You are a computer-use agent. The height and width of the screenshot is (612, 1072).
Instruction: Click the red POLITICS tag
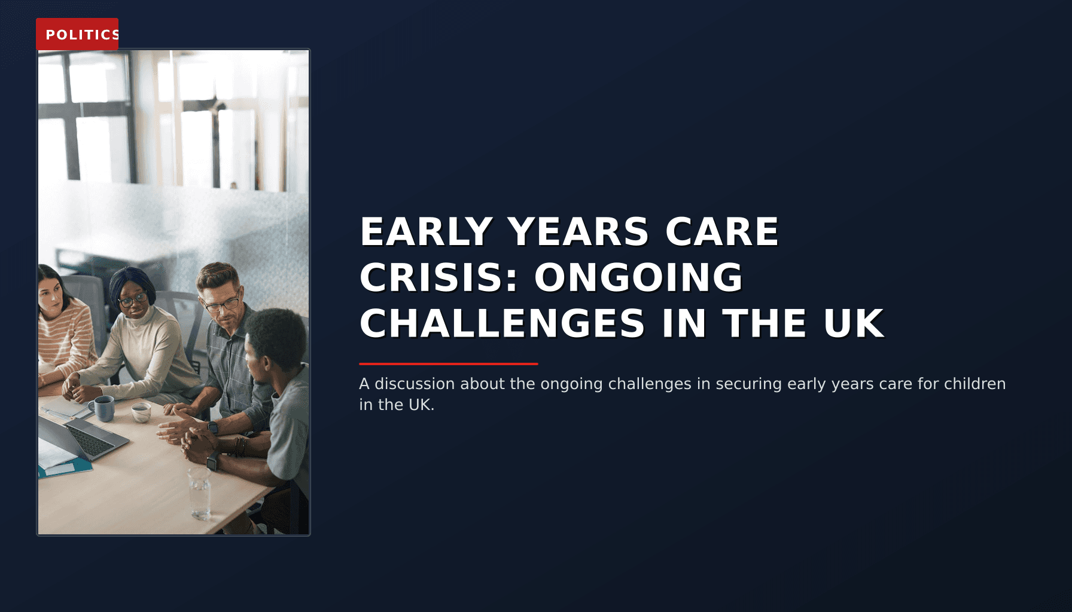tap(77, 34)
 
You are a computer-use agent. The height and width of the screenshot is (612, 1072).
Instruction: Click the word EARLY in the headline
tap(426, 232)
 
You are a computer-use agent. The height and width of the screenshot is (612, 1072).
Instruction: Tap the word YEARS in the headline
tap(578, 232)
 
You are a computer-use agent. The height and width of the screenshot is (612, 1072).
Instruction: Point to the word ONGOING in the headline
tap(638, 278)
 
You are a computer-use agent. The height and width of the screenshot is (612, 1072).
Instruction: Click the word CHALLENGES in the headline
tap(502, 324)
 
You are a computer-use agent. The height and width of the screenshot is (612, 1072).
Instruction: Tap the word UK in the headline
tap(854, 324)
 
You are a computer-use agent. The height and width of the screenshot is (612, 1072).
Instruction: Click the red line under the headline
tap(448, 363)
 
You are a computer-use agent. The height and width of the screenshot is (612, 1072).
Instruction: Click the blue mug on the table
tap(104, 408)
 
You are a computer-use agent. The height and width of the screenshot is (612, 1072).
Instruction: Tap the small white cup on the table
tap(141, 412)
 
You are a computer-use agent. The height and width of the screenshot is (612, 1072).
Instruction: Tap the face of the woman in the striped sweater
tap(50, 294)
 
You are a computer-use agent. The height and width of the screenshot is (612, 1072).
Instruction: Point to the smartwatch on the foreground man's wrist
tap(214, 461)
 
